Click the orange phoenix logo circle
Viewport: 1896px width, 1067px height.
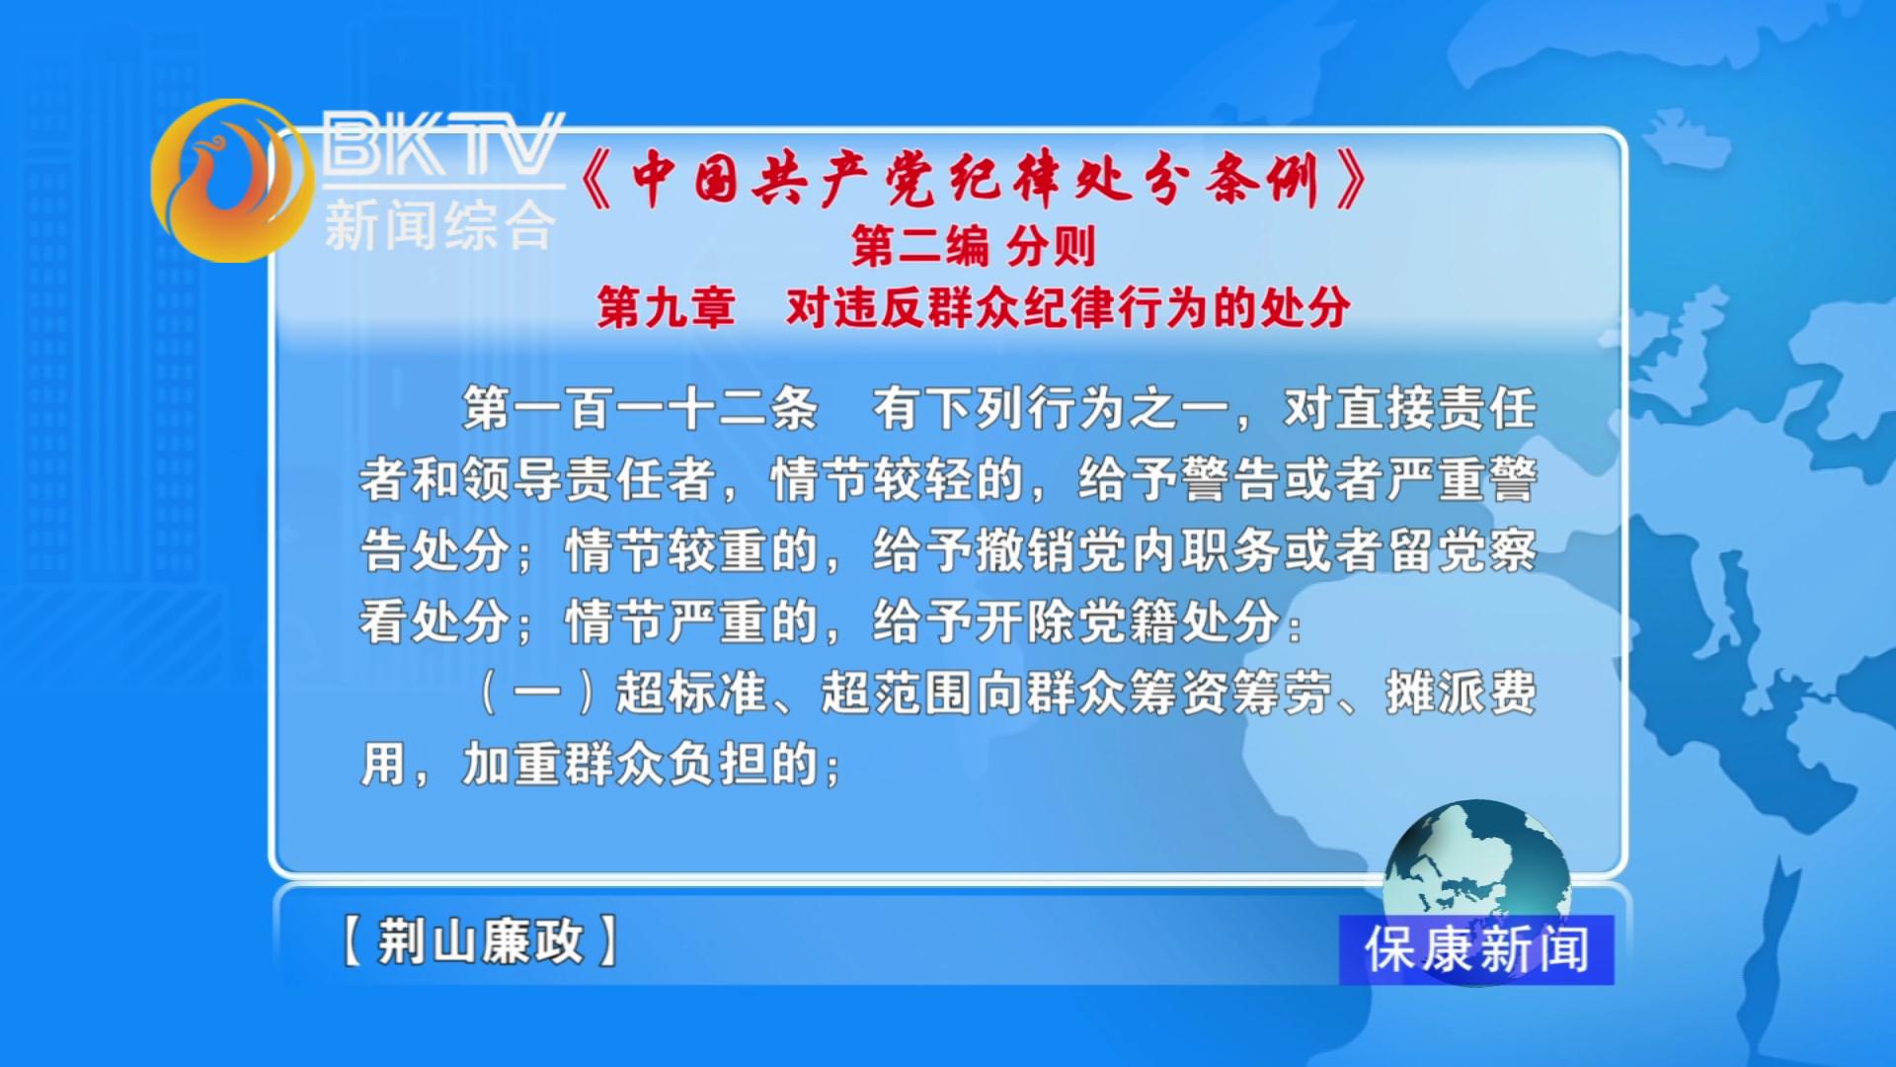233,181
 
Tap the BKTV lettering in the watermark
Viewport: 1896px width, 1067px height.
442,144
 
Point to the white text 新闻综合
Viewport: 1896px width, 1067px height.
440,225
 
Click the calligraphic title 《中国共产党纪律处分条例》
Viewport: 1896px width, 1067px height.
974,180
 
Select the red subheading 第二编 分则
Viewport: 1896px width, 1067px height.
974,246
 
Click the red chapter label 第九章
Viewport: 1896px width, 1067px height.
667,307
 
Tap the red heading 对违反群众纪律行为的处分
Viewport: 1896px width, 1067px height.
1068,307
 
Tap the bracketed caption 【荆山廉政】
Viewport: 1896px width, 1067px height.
480,940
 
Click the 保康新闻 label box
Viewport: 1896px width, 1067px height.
1476,949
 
